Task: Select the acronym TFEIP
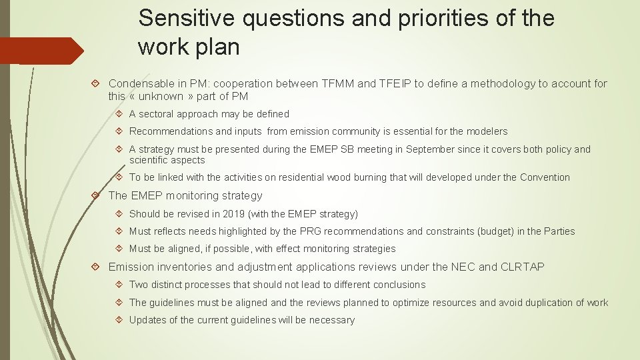pyautogui.click(x=395, y=83)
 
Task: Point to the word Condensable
pyautogui.click(x=139, y=83)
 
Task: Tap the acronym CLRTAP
pyautogui.click(x=522, y=267)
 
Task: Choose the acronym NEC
pyautogui.click(x=463, y=267)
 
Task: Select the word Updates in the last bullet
pyautogui.click(x=147, y=320)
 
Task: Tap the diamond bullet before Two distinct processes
pyautogui.click(x=119, y=285)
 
